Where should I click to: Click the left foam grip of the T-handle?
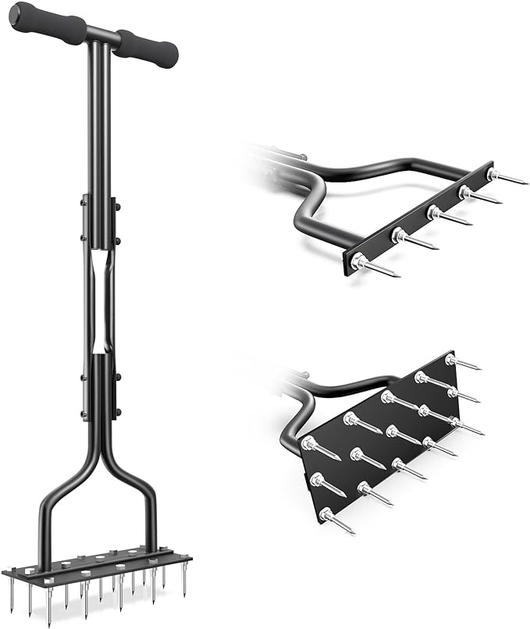click(x=48, y=23)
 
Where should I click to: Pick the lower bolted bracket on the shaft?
click(x=100, y=386)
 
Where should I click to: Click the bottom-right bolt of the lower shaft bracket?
click(x=116, y=413)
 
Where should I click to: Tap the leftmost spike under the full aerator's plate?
click(x=12, y=593)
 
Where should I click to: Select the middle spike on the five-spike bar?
click(x=449, y=219)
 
